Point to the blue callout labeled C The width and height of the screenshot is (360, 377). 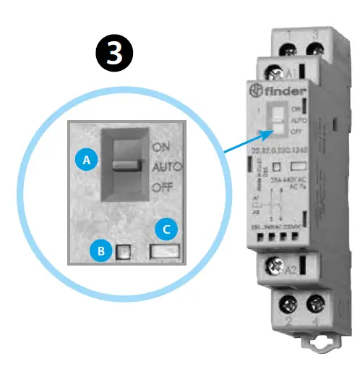167,230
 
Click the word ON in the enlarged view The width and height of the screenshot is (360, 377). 162,146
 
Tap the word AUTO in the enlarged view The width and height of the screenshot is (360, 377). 167,166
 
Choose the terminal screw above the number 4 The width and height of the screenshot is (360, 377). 314,303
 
